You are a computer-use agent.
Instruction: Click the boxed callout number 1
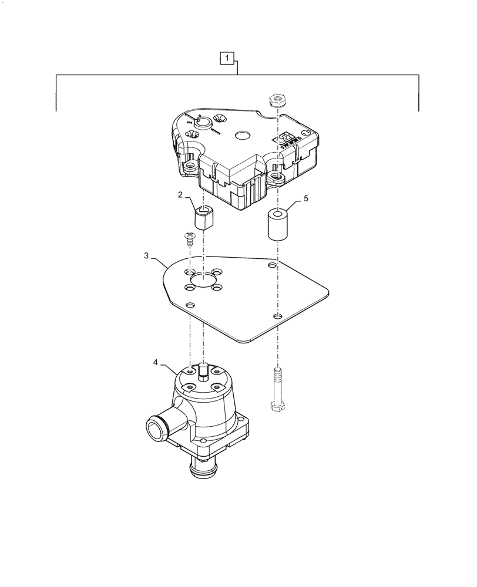point(228,58)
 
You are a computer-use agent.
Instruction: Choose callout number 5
point(305,200)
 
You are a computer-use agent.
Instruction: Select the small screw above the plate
point(189,238)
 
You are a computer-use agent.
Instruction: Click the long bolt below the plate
point(277,388)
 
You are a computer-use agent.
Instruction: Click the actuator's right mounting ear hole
point(277,175)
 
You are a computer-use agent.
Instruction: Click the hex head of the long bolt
point(277,406)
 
